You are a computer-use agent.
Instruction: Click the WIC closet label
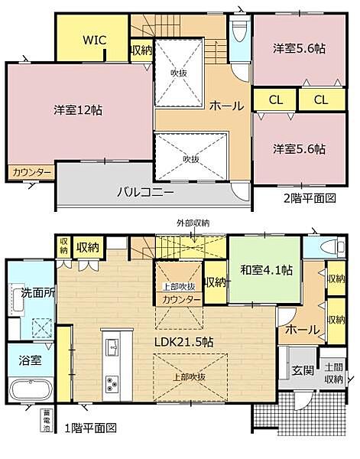pyautogui.click(x=94, y=40)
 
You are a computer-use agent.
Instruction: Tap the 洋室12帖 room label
pyautogui.click(x=78, y=109)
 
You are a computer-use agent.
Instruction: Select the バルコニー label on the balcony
pyautogui.click(x=145, y=191)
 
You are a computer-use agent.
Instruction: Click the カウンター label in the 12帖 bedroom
pyautogui.click(x=31, y=173)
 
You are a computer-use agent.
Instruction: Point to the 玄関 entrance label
pyautogui.click(x=300, y=371)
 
